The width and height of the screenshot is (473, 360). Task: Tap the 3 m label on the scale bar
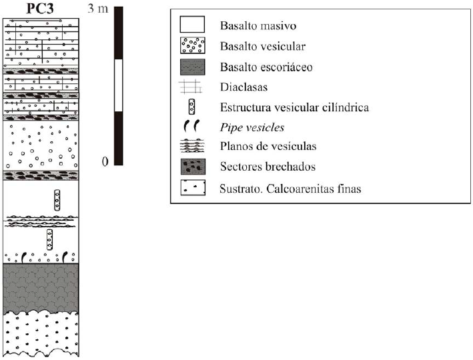97,10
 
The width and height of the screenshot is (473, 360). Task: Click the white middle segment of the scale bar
119,85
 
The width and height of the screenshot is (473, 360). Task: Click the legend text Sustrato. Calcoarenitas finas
290,189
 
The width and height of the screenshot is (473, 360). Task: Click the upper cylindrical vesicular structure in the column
58,200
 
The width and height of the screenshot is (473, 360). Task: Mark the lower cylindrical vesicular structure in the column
49,240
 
